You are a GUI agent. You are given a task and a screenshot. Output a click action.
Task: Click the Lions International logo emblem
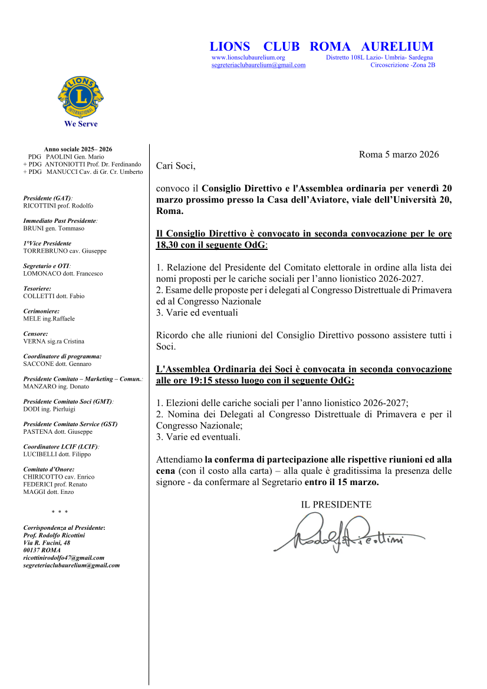(x=81, y=97)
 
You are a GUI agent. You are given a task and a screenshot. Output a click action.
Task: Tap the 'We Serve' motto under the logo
(x=81, y=124)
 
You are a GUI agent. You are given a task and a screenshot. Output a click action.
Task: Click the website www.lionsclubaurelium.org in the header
(x=248, y=58)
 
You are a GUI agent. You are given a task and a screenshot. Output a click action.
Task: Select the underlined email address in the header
(x=258, y=65)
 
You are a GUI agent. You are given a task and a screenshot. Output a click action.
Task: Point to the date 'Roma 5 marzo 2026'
(x=399, y=155)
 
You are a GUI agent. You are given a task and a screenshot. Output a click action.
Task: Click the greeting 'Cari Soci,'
(x=175, y=166)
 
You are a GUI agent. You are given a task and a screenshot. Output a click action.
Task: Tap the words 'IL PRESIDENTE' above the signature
(x=336, y=505)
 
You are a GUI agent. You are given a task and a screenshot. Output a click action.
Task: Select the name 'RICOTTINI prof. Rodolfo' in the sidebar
(x=58, y=206)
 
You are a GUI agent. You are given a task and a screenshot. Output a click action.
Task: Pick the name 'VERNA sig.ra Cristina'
(x=54, y=341)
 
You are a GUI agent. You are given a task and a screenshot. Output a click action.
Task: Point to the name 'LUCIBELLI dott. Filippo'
(x=57, y=454)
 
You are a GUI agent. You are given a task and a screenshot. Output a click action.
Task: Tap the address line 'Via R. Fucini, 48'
(x=47, y=543)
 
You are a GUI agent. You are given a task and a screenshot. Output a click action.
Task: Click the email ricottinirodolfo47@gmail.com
(x=64, y=558)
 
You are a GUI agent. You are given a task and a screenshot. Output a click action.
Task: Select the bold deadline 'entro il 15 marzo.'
(x=341, y=482)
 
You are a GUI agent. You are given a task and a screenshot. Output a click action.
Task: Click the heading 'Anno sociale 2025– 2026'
(x=78, y=150)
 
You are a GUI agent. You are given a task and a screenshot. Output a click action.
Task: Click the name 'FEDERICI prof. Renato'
(x=55, y=484)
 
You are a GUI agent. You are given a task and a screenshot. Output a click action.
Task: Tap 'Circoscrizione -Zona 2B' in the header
(x=403, y=65)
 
